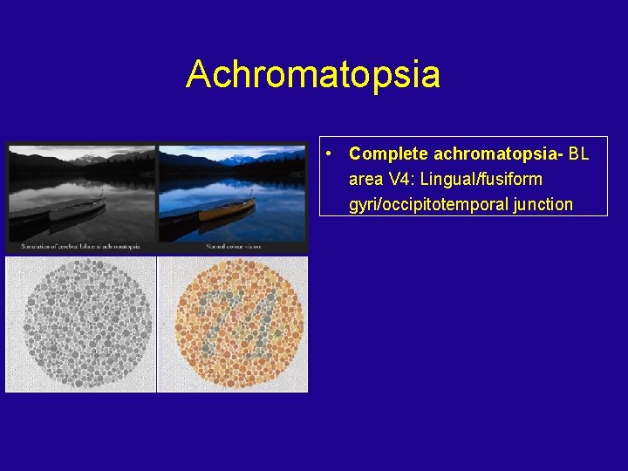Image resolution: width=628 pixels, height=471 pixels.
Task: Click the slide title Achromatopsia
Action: coord(312,75)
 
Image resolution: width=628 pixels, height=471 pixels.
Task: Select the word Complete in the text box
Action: coord(388,154)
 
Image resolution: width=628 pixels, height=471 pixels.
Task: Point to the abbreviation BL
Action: coord(578,154)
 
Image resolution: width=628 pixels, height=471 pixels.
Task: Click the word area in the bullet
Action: coord(365,180)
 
